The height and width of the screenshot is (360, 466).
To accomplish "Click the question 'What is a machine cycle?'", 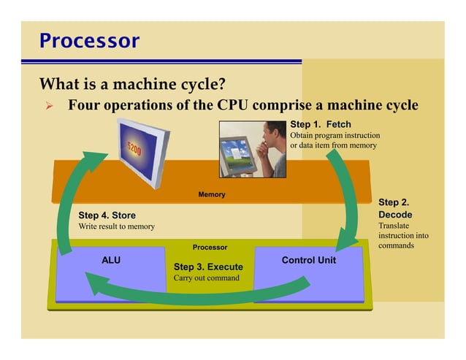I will pos(131,82).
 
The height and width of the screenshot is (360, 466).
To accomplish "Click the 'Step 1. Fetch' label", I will pos(321,124).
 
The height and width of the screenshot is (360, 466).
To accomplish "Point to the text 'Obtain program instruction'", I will pos(335,135).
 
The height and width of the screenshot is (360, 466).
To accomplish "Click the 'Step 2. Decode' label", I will pos(395,208).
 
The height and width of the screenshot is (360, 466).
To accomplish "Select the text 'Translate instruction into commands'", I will pos(402,236).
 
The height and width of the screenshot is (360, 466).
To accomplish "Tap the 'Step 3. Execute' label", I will pos(207,267).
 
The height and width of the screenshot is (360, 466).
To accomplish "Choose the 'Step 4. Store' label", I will pos(107,215).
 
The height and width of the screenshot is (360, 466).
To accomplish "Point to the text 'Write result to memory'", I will pos(116,226).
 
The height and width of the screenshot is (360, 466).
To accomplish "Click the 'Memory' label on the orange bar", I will pos(212,194).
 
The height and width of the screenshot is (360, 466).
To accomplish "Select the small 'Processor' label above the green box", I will pos(210,247).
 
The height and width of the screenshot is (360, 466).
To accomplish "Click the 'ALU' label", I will pos(111,259).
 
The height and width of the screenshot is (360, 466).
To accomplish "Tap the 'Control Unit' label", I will pos(308,259).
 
